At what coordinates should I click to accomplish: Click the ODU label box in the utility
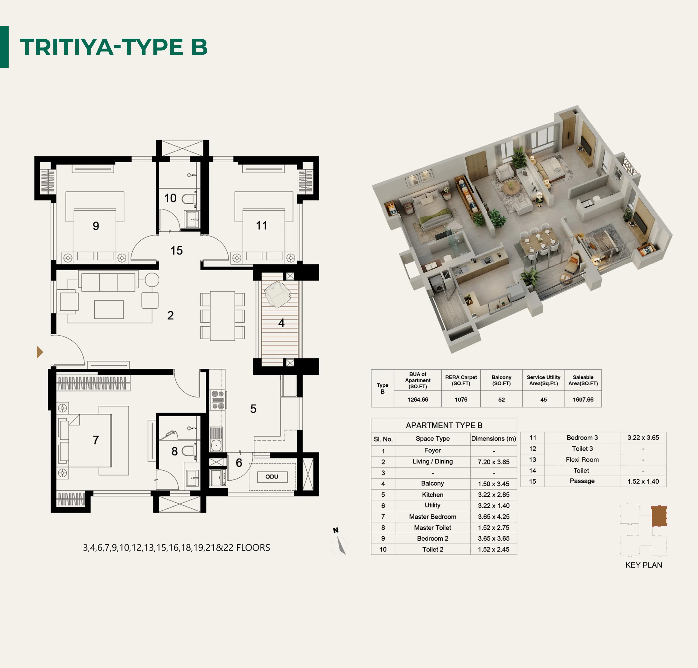click(x=272, y=477)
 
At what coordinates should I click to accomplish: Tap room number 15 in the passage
click(x=176, y=250)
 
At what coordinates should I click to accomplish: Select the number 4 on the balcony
click(x=281, y=323)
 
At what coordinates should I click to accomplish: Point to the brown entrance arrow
click(x=40, y=352)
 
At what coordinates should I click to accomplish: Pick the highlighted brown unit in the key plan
click(x=659, y=516)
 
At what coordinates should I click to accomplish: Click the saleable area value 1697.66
click(x=583, y=399)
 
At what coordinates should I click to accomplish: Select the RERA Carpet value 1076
click(x=461, y=399)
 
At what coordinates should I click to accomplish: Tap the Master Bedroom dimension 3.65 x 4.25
click(x=494, y=516)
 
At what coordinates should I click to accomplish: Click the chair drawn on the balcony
click(x=277, y=294)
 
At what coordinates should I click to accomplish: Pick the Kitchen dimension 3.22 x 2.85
click(x=494, y=495)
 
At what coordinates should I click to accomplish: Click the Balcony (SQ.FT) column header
click(x=501, y=380)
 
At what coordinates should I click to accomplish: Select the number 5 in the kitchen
click(x=253, y=409)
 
